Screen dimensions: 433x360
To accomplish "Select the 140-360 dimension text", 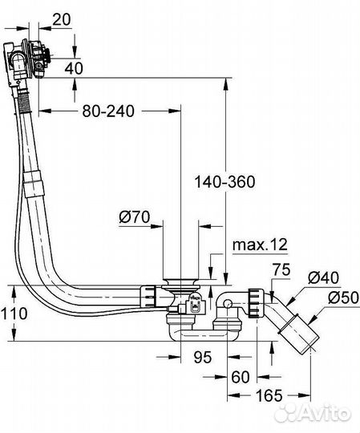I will (224, 181).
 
